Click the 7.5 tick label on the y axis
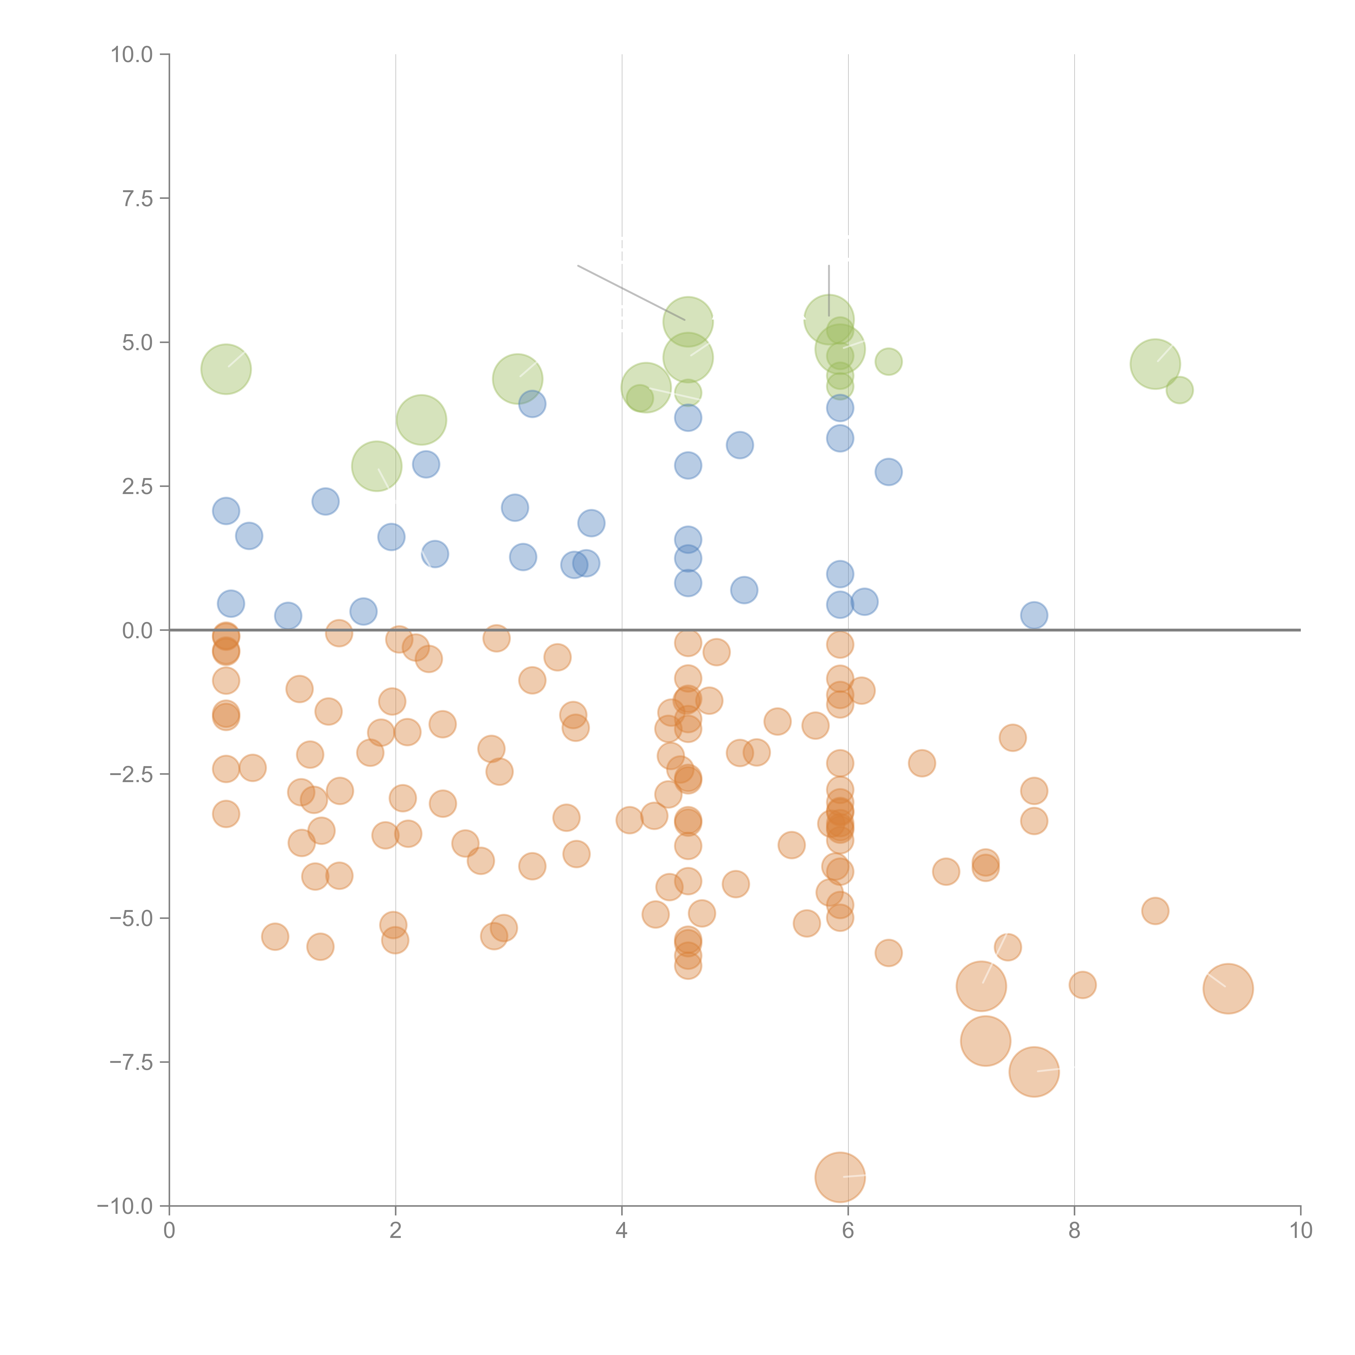[137, 198]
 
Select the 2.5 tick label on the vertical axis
[137, 487]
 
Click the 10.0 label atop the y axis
[132, 55]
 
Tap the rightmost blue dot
[1034, 615]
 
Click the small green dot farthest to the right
[1180, 390]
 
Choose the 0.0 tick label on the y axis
[137, 631]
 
